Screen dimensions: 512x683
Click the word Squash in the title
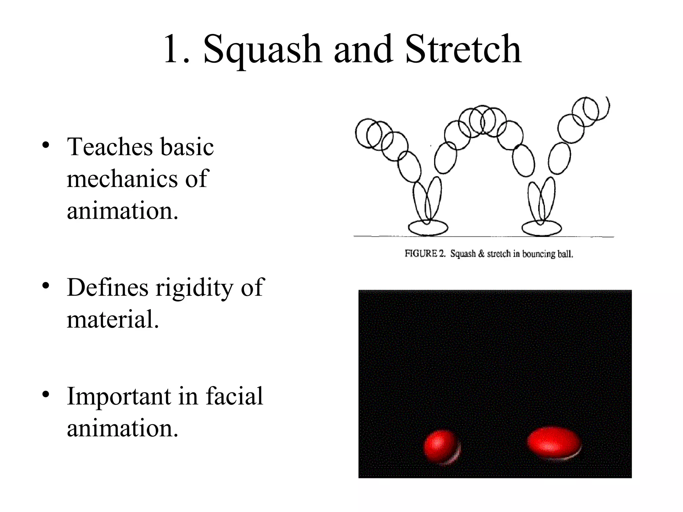(262, 50)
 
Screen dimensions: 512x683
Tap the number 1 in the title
(173, 50)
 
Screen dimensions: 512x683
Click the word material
(113, 319)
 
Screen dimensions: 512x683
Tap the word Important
(119, 397)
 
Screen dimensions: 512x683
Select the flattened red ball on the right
(554, 442)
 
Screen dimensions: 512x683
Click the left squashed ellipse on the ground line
(428, 228)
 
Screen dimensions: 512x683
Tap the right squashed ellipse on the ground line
(541, 228)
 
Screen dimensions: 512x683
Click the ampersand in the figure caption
(481, 254)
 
